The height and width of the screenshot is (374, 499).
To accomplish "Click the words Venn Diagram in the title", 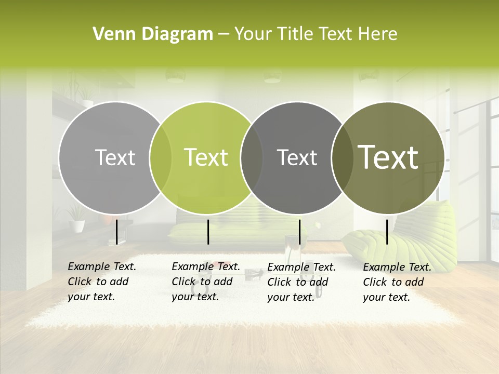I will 153,34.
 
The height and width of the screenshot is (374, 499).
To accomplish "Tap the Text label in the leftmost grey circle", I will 115,157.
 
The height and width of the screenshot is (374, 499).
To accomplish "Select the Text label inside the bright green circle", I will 206,157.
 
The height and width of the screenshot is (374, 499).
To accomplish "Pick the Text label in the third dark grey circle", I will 297,157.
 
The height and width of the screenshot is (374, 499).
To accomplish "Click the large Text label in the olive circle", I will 388,157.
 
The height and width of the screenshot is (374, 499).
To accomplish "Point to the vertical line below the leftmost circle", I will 116,232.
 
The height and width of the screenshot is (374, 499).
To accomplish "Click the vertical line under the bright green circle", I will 208,232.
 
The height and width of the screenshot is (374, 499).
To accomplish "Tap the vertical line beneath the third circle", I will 299,232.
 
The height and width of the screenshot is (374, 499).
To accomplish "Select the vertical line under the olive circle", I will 387,232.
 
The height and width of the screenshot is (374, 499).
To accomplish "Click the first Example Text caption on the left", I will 101,282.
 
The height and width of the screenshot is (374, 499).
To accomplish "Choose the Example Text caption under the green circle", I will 205,282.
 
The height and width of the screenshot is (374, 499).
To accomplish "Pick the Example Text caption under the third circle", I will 301,282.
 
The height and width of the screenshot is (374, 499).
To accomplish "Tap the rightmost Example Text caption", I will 397,282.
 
